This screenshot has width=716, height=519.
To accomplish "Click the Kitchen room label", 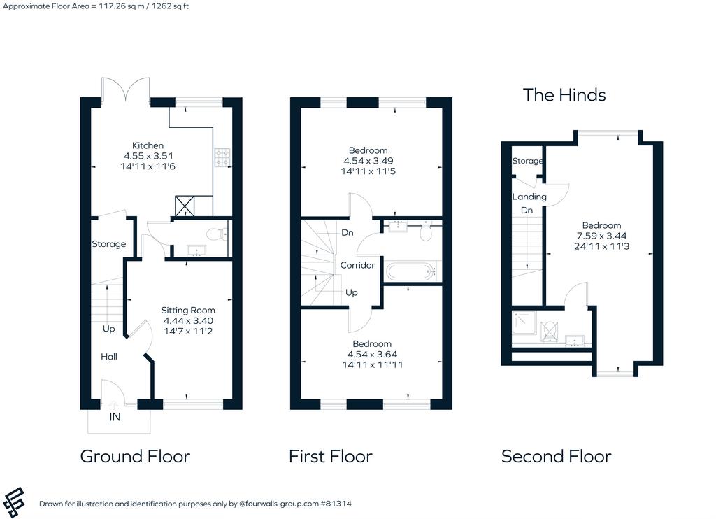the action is [x=148, y=145].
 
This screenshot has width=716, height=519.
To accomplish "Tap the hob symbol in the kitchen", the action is [x=222, y=157].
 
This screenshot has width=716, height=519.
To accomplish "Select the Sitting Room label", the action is [x=187, y=311].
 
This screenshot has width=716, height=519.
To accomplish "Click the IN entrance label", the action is [x=115, y=417].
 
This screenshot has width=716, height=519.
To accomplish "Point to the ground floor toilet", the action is [x=217, y=234].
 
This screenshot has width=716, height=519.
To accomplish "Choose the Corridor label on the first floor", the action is [x=357, y=265].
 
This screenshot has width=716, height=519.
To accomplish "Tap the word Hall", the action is [x=109, y=356].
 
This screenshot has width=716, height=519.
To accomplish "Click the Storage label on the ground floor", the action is [x=108, y=244].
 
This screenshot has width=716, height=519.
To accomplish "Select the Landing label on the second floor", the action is [x=529, y=197].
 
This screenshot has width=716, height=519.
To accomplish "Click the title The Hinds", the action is [x=564, y=95].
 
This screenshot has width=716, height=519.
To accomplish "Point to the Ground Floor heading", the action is [x=135, y=457].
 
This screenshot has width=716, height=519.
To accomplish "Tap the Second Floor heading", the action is [x=556, y=457].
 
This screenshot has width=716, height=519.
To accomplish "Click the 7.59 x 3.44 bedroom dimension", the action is [x=601, y=236].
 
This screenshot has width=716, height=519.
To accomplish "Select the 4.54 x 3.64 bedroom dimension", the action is [x=372, y=354].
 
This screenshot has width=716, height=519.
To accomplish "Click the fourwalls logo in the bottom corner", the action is [x=14, y=502].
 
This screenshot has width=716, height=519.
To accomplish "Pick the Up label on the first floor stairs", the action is [x=351, y=292].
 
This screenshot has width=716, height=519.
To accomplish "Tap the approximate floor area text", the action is [x=95, y=6].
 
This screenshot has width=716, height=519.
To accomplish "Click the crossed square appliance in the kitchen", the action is [x=185, y=206].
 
